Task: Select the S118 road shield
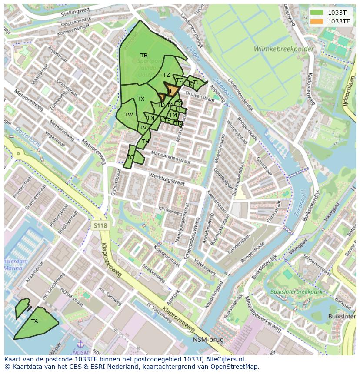(100, 225)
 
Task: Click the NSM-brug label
(209, 340)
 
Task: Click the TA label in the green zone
(35, 321)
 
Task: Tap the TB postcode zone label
(144, 56)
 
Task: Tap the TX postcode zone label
(141, 99)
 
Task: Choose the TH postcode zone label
(145, 142)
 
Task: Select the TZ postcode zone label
(167, 75)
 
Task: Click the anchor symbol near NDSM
(80, 345)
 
